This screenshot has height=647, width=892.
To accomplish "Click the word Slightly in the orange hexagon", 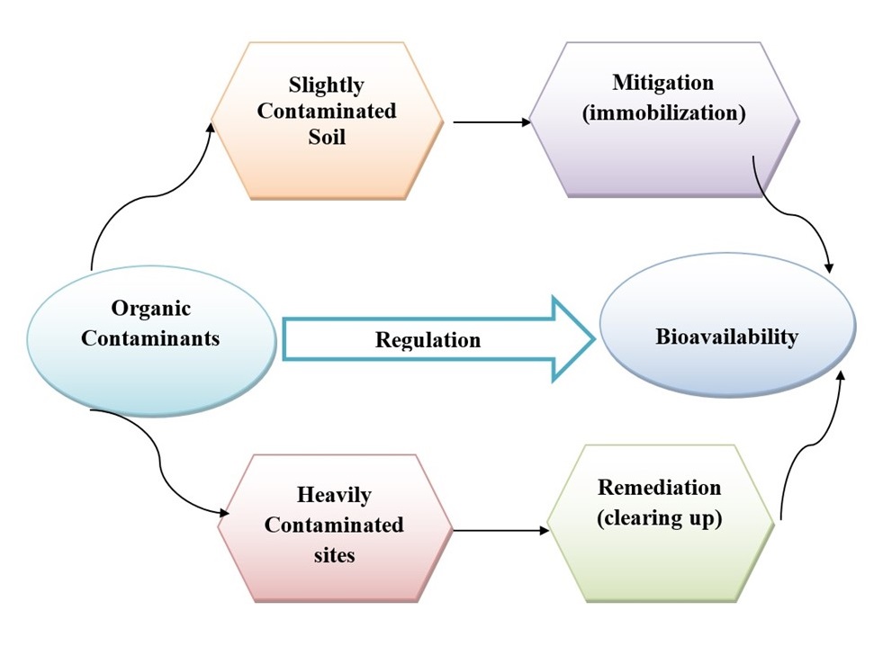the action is coord(326,85).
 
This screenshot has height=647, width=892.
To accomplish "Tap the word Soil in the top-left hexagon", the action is coord(327,137).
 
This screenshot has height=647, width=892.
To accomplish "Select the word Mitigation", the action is coord(662,83).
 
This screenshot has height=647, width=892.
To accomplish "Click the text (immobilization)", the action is coord(663,112).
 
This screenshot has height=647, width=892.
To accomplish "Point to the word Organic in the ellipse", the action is coord(150,309).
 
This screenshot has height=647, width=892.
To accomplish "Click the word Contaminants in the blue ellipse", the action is coord(150,338).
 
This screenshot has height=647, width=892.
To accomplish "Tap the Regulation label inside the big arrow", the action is coord(428,340).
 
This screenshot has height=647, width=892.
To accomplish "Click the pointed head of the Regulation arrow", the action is coord(594,339).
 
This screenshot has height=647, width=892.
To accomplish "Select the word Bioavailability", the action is coord(727,337).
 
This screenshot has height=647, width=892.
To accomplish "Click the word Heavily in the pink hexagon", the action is coord(334,495).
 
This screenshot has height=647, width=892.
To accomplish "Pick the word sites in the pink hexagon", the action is coord(334,555).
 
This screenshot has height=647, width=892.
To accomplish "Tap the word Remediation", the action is coord(660,487).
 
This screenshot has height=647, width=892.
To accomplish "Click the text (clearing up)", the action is coord(660,518).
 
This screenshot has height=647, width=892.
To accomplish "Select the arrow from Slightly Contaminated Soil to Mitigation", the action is coord(491,121).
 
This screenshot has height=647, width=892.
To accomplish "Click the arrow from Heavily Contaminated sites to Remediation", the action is coord(501,530).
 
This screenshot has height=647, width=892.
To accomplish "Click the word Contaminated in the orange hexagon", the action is coord(327,111).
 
